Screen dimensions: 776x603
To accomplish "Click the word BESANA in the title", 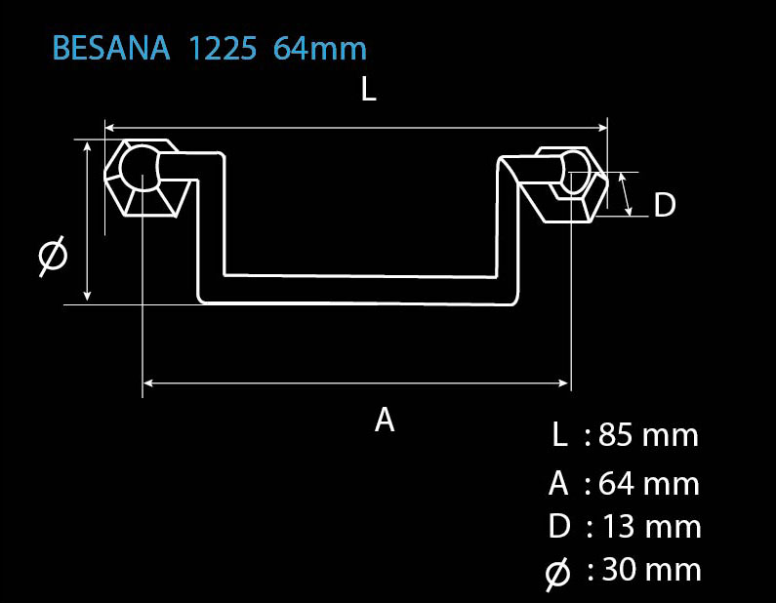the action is (111, 48).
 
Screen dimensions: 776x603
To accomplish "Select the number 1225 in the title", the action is (223, 48).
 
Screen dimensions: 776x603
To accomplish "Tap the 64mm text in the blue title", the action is (320, 48).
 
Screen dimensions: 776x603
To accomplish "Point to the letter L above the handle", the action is (369, 90).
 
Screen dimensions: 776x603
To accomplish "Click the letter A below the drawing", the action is (385, 420).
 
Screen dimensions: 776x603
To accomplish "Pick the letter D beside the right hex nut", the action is (664, 204).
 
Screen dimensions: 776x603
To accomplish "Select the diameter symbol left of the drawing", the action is (53, 256).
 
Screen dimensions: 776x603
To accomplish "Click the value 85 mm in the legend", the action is (648, 435).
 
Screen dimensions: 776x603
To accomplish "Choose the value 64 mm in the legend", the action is (649, 483).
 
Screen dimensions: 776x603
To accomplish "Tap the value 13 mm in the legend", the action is (651, 526).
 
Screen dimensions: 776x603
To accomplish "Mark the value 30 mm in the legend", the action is (651, 570).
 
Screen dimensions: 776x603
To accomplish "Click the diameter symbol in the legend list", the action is (557, 574).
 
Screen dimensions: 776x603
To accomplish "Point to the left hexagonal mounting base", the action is (146, 179).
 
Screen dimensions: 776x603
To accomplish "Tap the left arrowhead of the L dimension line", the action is (110, 128).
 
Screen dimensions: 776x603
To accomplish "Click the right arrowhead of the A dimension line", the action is (564, 382).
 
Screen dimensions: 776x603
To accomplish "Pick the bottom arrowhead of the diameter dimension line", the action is (87, 297).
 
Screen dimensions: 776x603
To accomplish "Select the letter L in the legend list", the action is (559, 435).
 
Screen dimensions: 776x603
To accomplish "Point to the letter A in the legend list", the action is (558, 483).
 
